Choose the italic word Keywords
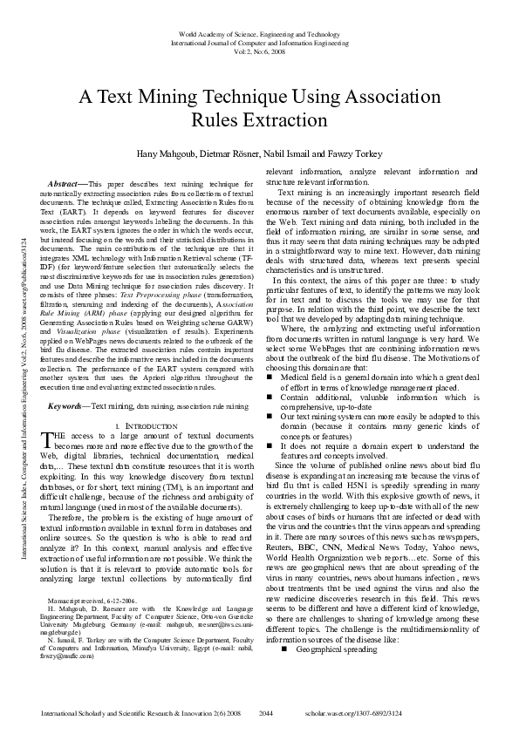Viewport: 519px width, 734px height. pos(67,406)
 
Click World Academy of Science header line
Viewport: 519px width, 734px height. pos(259,32)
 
